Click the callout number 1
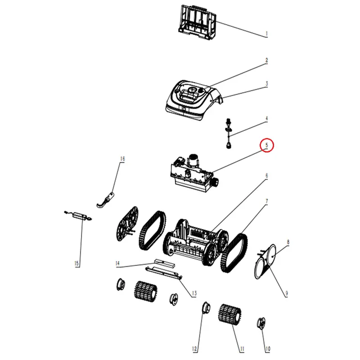click(266, 34)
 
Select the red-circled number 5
click(266, 145)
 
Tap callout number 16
click(122, 159)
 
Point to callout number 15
click(76, 263)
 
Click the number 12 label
click(194, 349)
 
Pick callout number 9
click(287, 293)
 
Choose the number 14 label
click(117, 263)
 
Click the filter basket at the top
click(198, 20)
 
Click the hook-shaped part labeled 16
click(105, 199)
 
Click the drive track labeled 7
click(234, 252)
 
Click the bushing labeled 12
click(206, 308)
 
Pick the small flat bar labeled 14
click(164, 263)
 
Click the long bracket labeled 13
click(164, 273)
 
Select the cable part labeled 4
click(229, 133)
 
